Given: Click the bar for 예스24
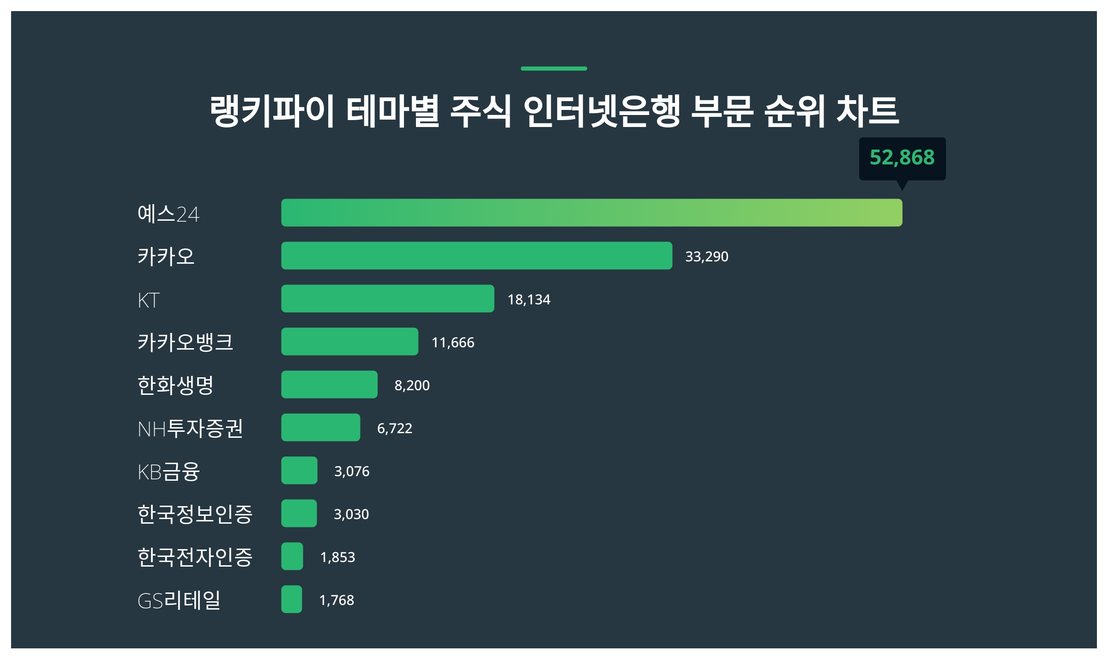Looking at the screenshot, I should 591,213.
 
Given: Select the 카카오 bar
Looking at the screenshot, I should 476,256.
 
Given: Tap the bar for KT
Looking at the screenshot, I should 387,299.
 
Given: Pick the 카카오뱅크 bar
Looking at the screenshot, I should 349,342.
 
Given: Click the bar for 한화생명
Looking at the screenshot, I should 329,385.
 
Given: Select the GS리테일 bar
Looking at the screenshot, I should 292,599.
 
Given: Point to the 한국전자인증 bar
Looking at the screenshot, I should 292,556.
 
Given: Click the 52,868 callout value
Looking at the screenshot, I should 902,157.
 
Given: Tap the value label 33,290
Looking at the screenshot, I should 706,256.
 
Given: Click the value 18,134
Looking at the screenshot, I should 529,300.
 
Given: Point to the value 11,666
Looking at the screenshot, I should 452,343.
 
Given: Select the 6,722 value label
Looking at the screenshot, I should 394,429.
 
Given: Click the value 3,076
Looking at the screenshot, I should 352,472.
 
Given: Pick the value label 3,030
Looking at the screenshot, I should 351,514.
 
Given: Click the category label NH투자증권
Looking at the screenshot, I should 190,429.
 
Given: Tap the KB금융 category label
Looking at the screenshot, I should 169,472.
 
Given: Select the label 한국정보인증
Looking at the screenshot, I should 195,514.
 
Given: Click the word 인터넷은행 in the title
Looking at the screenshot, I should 602,111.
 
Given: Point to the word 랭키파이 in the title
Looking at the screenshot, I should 271,111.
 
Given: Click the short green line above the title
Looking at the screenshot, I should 554,69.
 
